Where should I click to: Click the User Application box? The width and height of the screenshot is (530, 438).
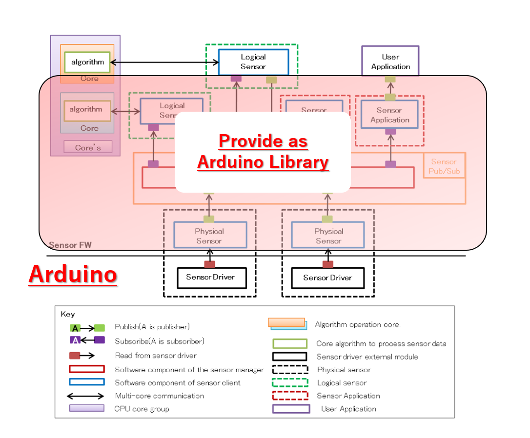pos(390,61)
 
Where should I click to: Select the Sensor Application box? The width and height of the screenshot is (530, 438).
pos(389,115)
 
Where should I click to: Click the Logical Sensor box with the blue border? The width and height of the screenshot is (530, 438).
pos(253,62)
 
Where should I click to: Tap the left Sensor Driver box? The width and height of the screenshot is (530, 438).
pos(210,278)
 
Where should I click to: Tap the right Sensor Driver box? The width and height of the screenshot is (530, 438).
pos(327,278)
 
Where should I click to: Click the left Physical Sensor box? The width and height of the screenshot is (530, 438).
pos(209,236)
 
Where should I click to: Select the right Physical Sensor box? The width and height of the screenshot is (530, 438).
pos(328,236)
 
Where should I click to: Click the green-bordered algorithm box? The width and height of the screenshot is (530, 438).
pos(88,62)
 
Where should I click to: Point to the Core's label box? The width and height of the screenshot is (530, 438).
pos(88,147)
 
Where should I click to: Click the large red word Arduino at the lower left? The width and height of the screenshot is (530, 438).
pos(72,274)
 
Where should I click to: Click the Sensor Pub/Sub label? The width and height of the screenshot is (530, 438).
pos(444,166)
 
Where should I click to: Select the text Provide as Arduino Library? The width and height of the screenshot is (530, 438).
pos(263,152)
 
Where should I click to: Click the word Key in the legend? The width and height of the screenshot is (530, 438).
pos(68,315)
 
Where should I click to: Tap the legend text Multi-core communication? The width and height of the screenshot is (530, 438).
pos(160,396)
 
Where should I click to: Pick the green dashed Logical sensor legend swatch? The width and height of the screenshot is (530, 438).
pos(290,382)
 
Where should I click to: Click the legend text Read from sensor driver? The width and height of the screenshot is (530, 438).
pos(156,356)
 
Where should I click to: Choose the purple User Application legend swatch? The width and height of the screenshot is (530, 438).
pos(291,409)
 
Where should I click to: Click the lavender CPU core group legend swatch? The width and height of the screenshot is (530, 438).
pos(86,408)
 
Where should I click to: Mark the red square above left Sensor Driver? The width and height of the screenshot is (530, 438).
pos(209,264)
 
